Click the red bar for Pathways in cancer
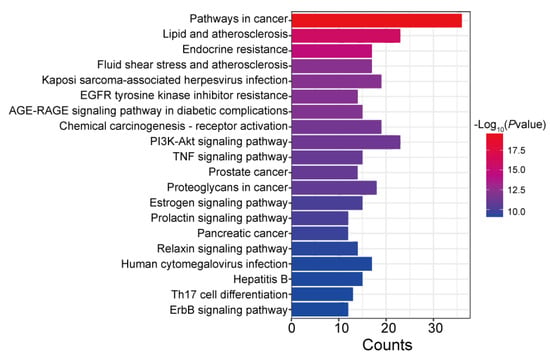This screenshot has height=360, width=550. click(x=377, y=20)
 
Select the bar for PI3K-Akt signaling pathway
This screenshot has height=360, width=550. click(x=346, y=142)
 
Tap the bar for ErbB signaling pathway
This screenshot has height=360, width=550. click(x=320, y=310)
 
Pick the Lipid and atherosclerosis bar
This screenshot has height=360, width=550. click(x=346, y=36)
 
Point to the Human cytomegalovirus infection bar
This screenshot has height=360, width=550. click(x=332, y=264)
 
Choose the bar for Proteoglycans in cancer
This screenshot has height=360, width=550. click(x=334, y=188)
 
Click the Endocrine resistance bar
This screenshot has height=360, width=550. click(x=332, y=51)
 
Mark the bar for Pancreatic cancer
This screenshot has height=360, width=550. click(x=320, y=233)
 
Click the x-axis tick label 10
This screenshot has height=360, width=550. click(x=339, y=328)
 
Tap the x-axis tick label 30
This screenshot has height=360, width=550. click(x=434, y=328)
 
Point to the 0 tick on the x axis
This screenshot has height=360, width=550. click(x=291, y=328)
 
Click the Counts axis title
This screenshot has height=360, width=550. click(x=387, y=345)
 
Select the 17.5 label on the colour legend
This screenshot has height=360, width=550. click(x=517, y=151)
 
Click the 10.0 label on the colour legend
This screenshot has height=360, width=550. click(x=517, y=212)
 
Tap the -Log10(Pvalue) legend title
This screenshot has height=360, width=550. click(x=510, y=125)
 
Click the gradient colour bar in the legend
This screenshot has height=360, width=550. click(x=495, y=175)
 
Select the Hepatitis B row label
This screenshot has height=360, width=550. click(x=261, y=279)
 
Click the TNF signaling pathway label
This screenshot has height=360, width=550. click(x=230, y=157)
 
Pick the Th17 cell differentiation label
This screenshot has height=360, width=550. click(x=229, y=295)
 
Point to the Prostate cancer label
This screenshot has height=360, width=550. click(x=248, y=172)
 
